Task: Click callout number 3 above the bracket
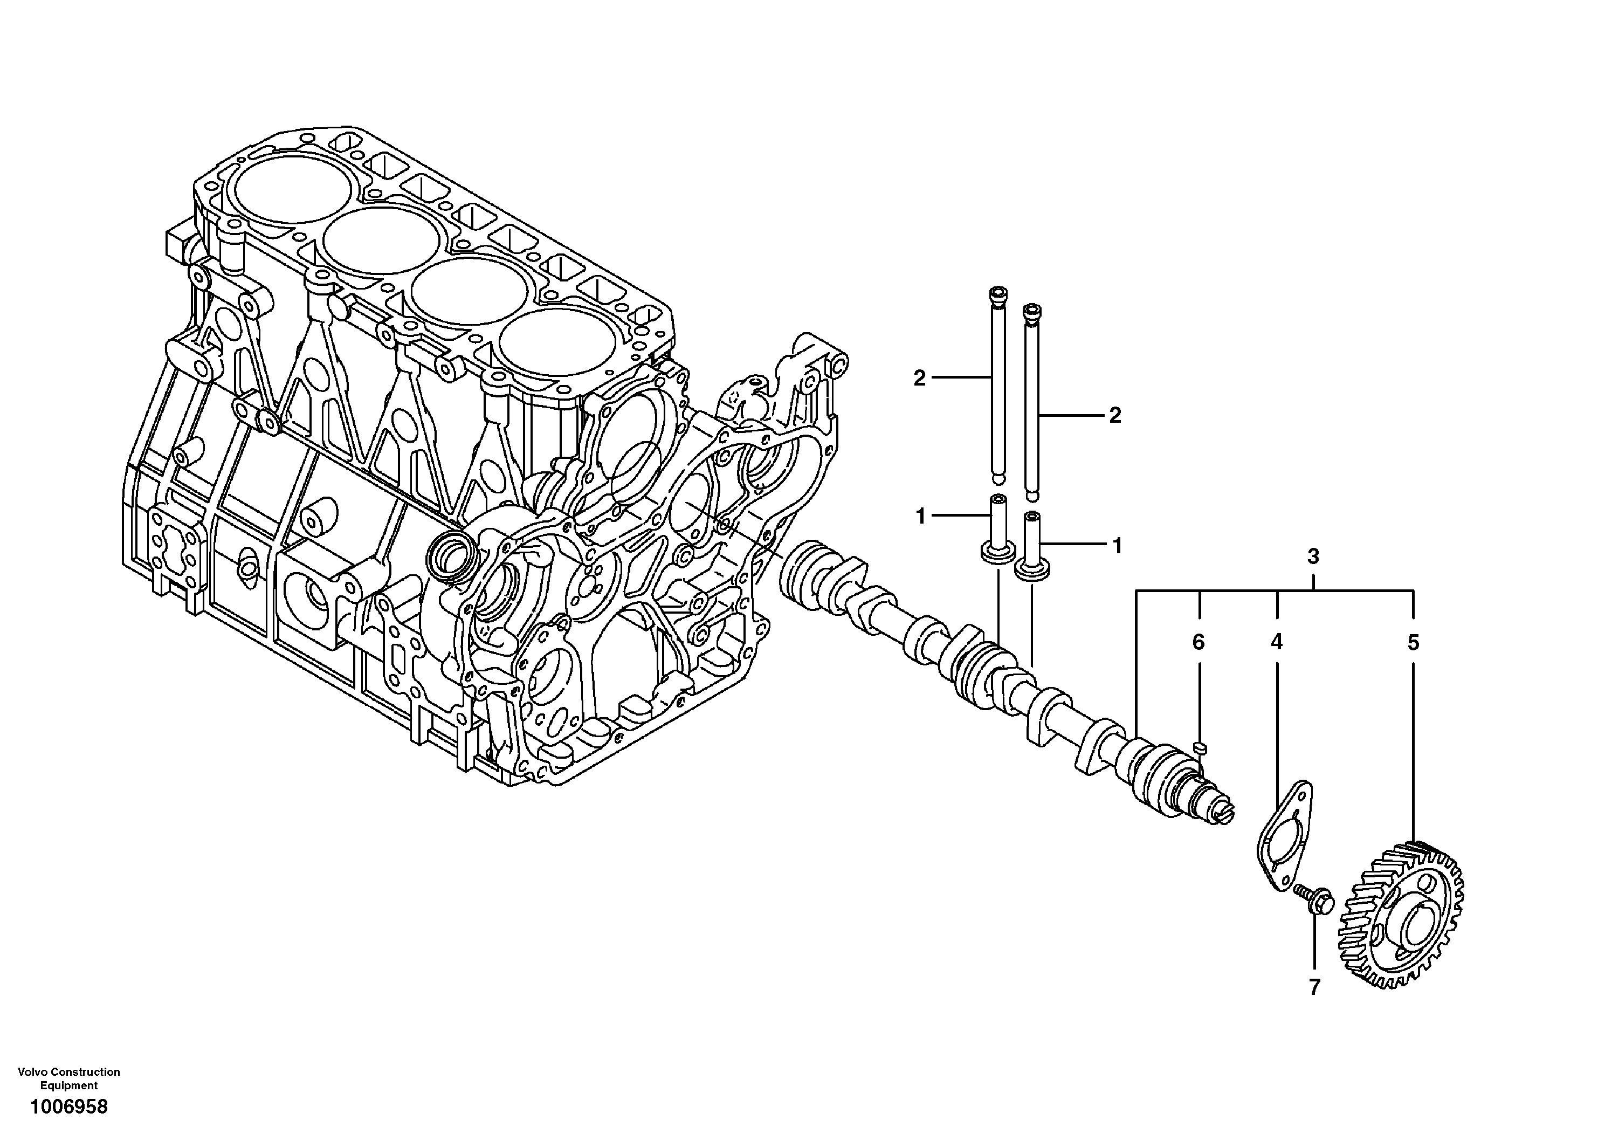pos(1313,557)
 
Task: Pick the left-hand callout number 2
pos(919,379)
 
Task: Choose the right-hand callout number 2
pos(1115,416)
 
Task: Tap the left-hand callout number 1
pos(920,517)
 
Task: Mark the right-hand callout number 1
pos(1117,546)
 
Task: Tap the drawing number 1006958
pos(68,1106)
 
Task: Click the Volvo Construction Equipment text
pos(68,1078)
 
